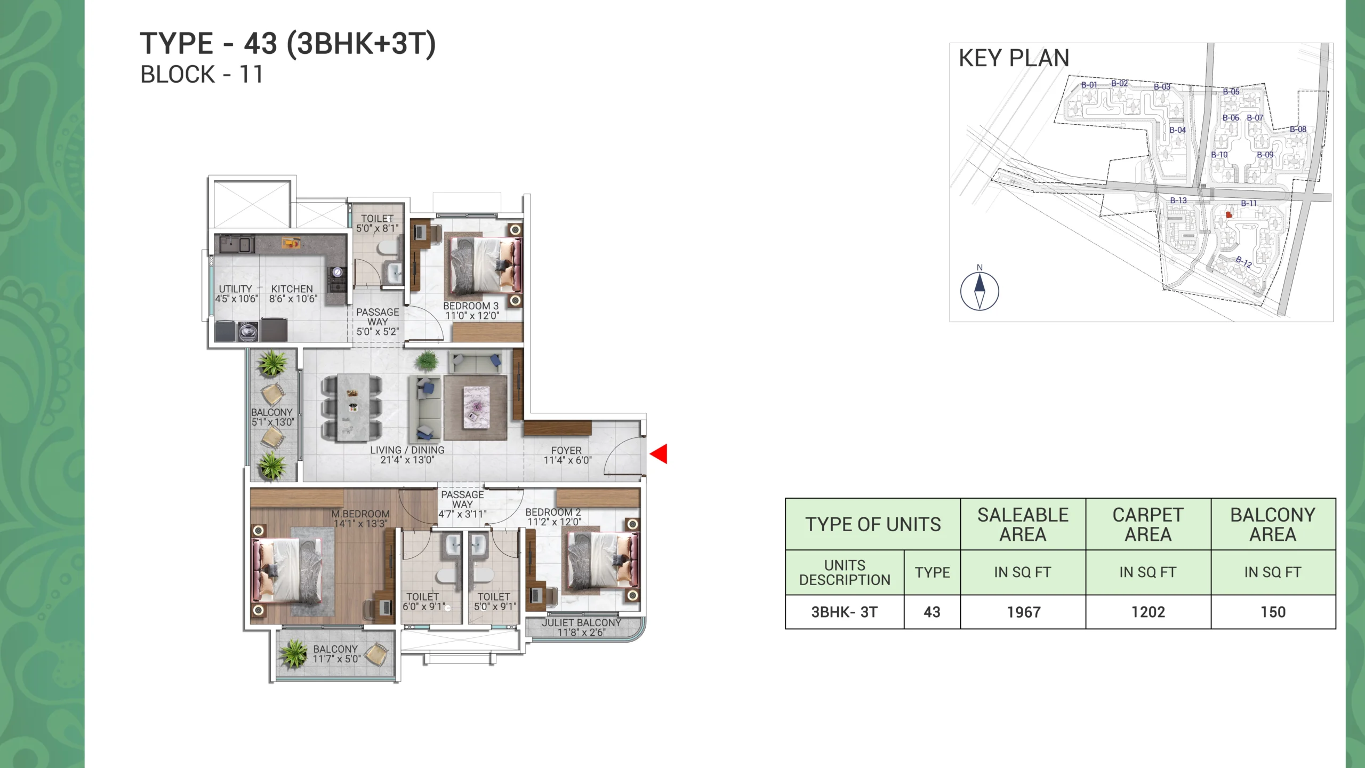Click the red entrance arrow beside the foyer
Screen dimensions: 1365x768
(x=659, y=454)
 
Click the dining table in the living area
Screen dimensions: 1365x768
(x=352, y=408)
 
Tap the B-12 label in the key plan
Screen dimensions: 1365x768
(x=1243, y=262)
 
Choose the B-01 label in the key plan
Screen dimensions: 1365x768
(x=1089, y=85)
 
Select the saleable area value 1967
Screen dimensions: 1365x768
(x=1024, y=612)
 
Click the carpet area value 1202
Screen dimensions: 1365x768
(x=1148, y=612)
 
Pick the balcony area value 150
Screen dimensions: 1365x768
(x=1273, y=612)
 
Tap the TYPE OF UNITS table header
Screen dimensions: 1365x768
(x=873, y=525)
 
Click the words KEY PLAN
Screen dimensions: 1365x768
(x=1014, y=58)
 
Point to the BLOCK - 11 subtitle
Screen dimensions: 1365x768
(x=202, y=75)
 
